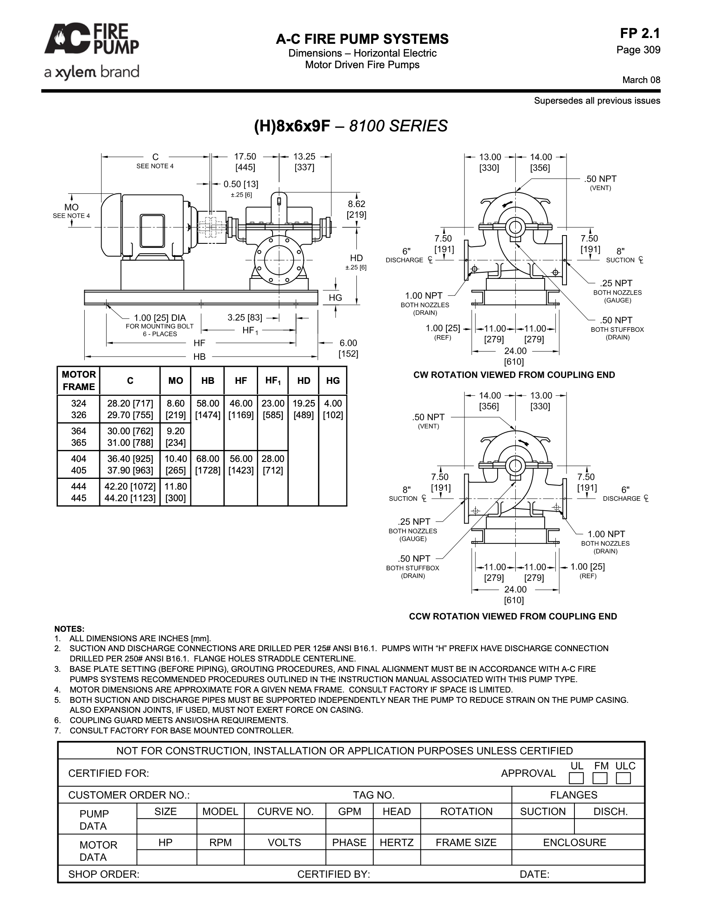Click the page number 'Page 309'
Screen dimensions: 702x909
coord(638,50)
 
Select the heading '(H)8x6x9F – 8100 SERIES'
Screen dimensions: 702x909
coord(351,126)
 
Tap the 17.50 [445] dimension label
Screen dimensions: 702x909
coord(245,162)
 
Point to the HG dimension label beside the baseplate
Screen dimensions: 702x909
coord(335,297)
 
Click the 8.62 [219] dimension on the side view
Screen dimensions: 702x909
coord(356,209)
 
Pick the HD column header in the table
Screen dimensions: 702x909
coord(304,381)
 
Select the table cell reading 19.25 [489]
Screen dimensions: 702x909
coord(304,409)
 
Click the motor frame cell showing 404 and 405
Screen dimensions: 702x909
coord(78,464)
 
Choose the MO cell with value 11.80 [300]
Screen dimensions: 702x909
coord(175,493)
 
